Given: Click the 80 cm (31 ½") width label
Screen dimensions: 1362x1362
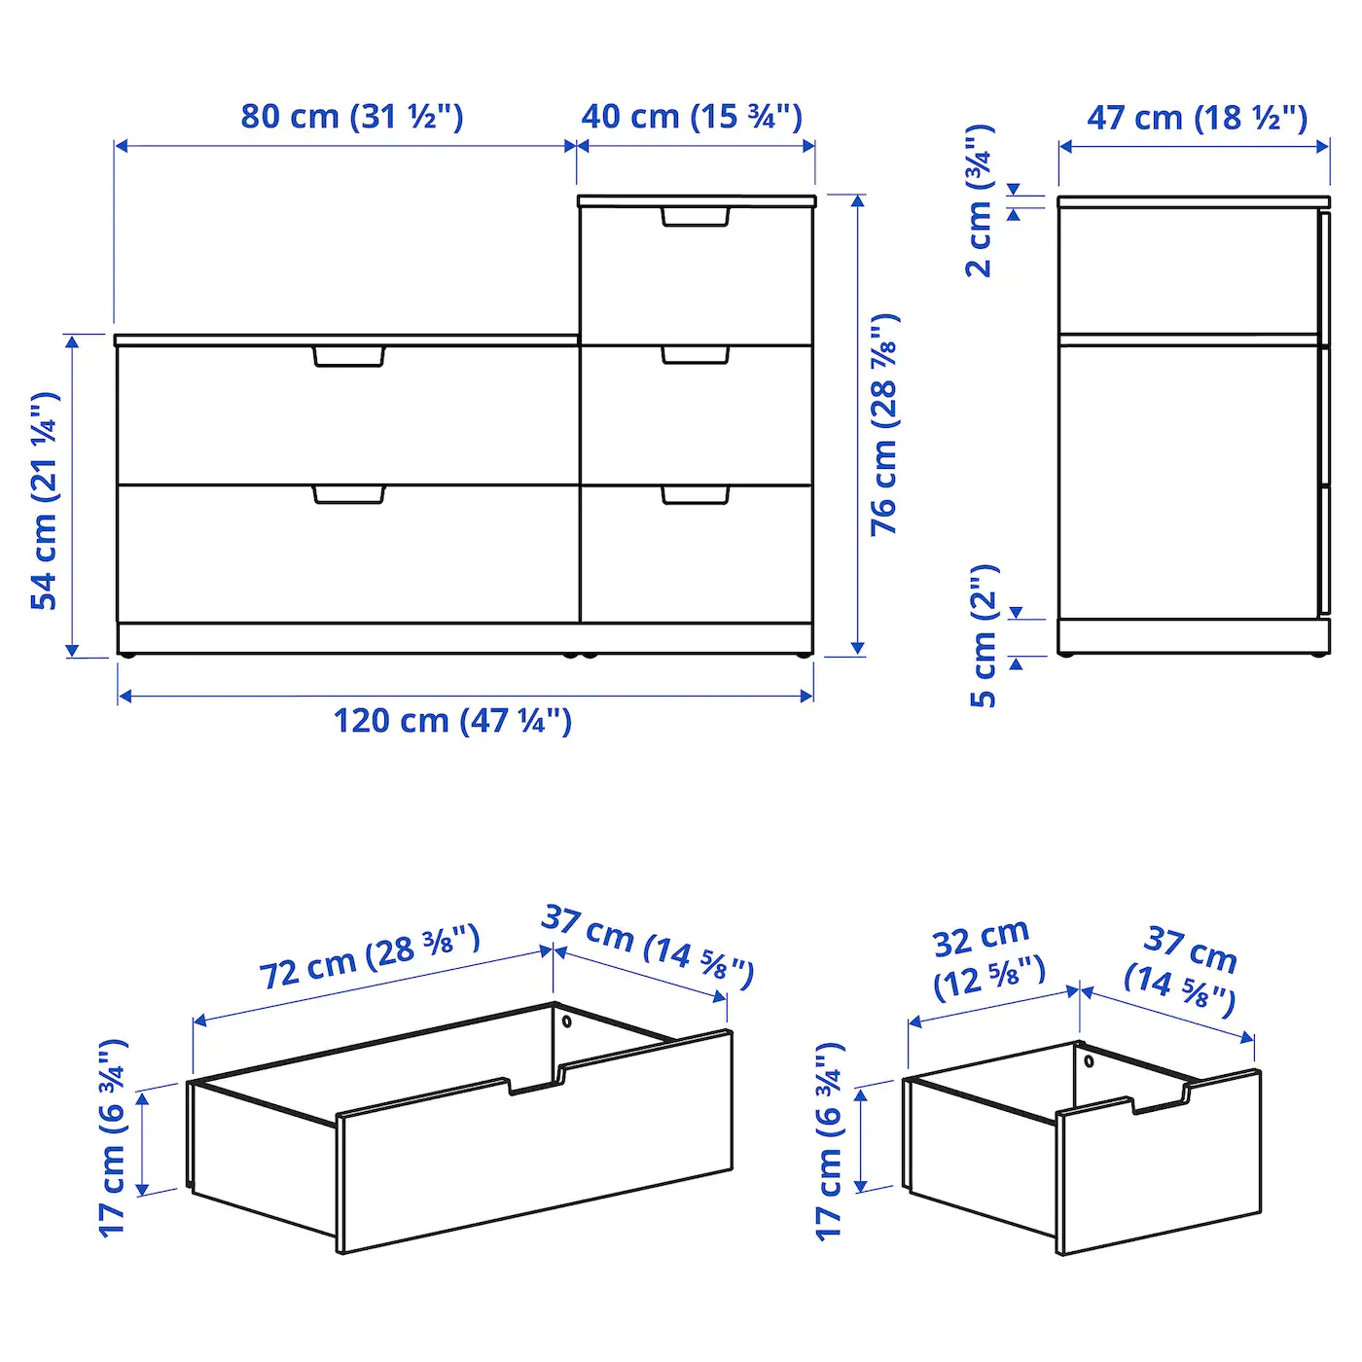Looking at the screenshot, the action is point(352,117).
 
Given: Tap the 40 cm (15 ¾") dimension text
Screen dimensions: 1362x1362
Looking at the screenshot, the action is point(692,117).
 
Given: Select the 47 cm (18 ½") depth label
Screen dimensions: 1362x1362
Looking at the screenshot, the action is point(1198,118).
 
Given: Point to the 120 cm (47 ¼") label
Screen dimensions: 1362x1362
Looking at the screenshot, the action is point(452,722).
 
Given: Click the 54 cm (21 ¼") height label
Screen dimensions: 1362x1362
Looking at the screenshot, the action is point(45,500).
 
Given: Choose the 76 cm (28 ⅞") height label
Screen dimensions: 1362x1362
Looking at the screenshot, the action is point(884,425).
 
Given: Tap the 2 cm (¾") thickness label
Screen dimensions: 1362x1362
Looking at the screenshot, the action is point(981,200).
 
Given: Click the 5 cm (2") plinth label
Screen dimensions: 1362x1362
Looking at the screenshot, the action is point(983,636).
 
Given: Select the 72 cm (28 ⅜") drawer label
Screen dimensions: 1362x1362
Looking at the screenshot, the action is point(370,957).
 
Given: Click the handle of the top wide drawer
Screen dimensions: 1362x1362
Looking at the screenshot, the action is point(349,357).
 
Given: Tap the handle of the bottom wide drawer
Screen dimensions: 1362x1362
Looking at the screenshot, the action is point(349,495).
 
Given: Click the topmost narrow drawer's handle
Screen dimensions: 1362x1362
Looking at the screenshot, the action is point(696,217).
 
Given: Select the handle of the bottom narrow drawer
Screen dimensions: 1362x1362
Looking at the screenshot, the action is point(696,495).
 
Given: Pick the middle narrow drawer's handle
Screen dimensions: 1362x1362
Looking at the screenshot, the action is point(696,355).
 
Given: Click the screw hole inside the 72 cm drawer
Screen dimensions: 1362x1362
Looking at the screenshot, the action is point(566,1022).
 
